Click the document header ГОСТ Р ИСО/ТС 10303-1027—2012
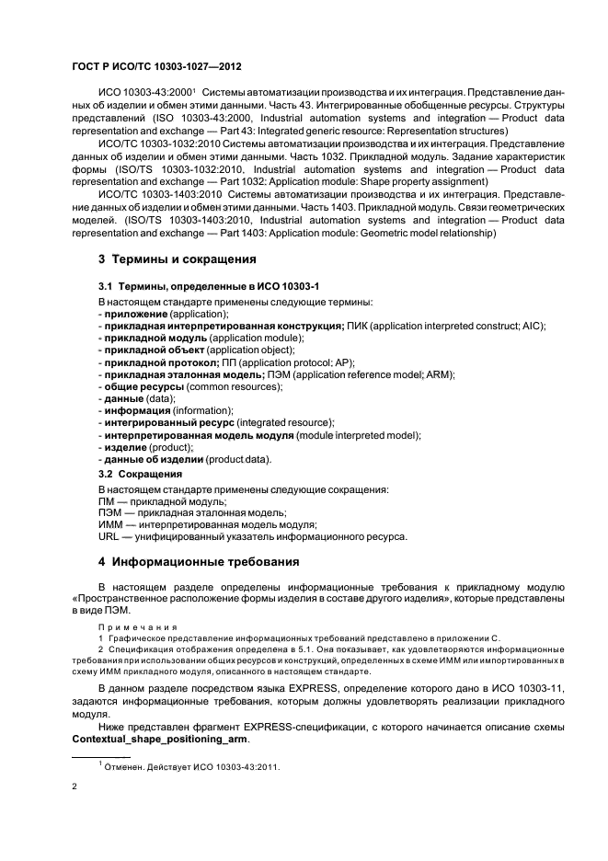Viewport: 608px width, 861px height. point(156,67)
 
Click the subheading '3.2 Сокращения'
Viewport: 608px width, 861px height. point(140,474)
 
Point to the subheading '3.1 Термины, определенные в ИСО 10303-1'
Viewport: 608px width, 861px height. point(209,289)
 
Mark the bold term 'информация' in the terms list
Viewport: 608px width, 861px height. point(136,410)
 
